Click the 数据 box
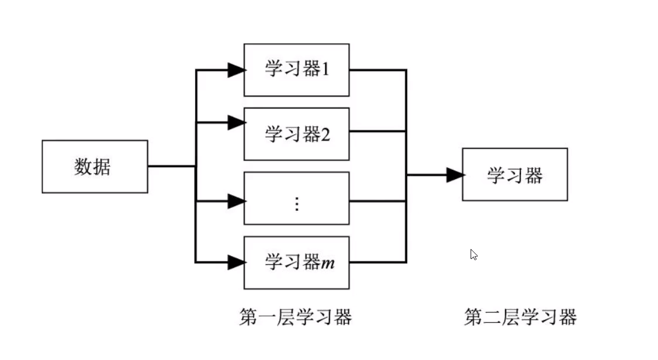pos(95,167)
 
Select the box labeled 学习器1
pos(297,70)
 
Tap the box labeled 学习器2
pos(297,134)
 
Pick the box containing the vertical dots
pos(297,198)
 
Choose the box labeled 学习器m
pos(297,263)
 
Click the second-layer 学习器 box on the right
pos(515,174)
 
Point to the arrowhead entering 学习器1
pos(236,70)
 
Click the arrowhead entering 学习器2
pos(236,123)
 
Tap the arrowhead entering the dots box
pos(236,201)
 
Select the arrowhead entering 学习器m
pos(236,263)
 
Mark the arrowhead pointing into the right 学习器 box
pos(455,175)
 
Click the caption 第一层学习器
pos(296,318)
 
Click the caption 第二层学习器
pos(520,318)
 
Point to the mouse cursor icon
pos(474,255)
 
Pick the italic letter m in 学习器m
pos(327,263)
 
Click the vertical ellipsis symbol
pos(297,204)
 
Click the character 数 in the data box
pos(83,167)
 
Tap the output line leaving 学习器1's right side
pos(376,70)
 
